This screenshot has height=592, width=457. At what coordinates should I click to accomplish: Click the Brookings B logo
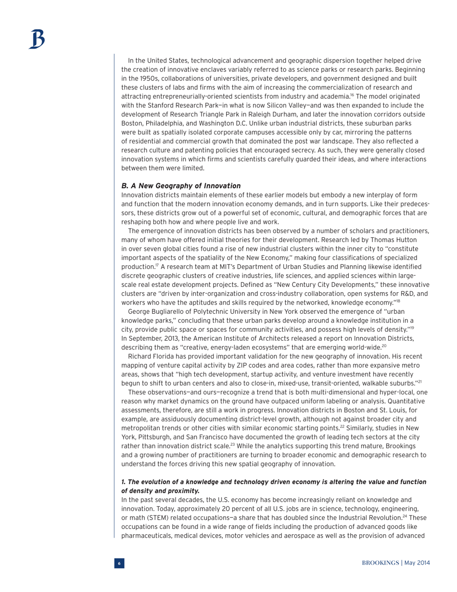coord(36,39)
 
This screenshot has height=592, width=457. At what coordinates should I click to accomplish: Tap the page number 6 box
coord(119,563)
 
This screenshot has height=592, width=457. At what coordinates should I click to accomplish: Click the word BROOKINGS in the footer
coord(381,563)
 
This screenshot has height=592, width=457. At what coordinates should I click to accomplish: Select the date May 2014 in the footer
coord(417,563)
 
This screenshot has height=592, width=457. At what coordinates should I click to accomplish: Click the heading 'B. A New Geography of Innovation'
coord(181,186)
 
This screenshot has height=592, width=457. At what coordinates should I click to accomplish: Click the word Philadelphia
coord(164,123)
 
